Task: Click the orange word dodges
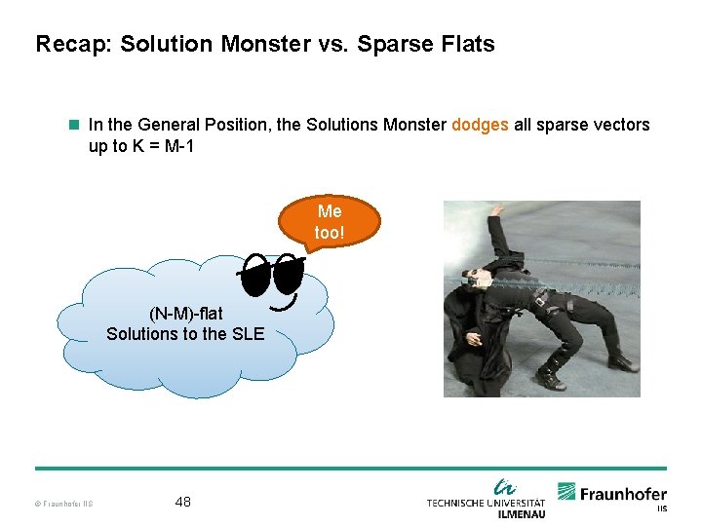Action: tap(480, 125)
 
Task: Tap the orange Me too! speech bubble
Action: tap(330, 223)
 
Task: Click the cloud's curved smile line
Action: tap(284, 308)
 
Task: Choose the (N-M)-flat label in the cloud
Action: tap(185, 314)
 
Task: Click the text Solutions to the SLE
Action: tap(185, 334)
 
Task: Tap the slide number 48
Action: tap(182, 502)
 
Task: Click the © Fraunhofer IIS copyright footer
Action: tap(64, 504)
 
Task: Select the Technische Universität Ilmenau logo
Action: tap(486, 498)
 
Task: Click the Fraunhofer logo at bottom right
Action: tap(612, 495)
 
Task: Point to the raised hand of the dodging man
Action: tap(497, 209)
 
